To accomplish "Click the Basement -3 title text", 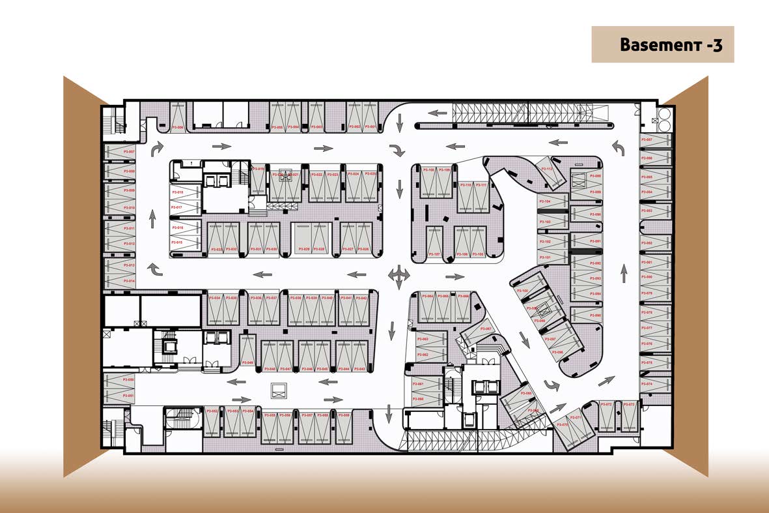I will click(x=671, y=44).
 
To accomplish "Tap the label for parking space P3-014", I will click(x=128, y=281).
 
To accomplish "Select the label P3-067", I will click(x=486, y=329).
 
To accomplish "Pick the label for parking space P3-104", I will click(x=544, y=202).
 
